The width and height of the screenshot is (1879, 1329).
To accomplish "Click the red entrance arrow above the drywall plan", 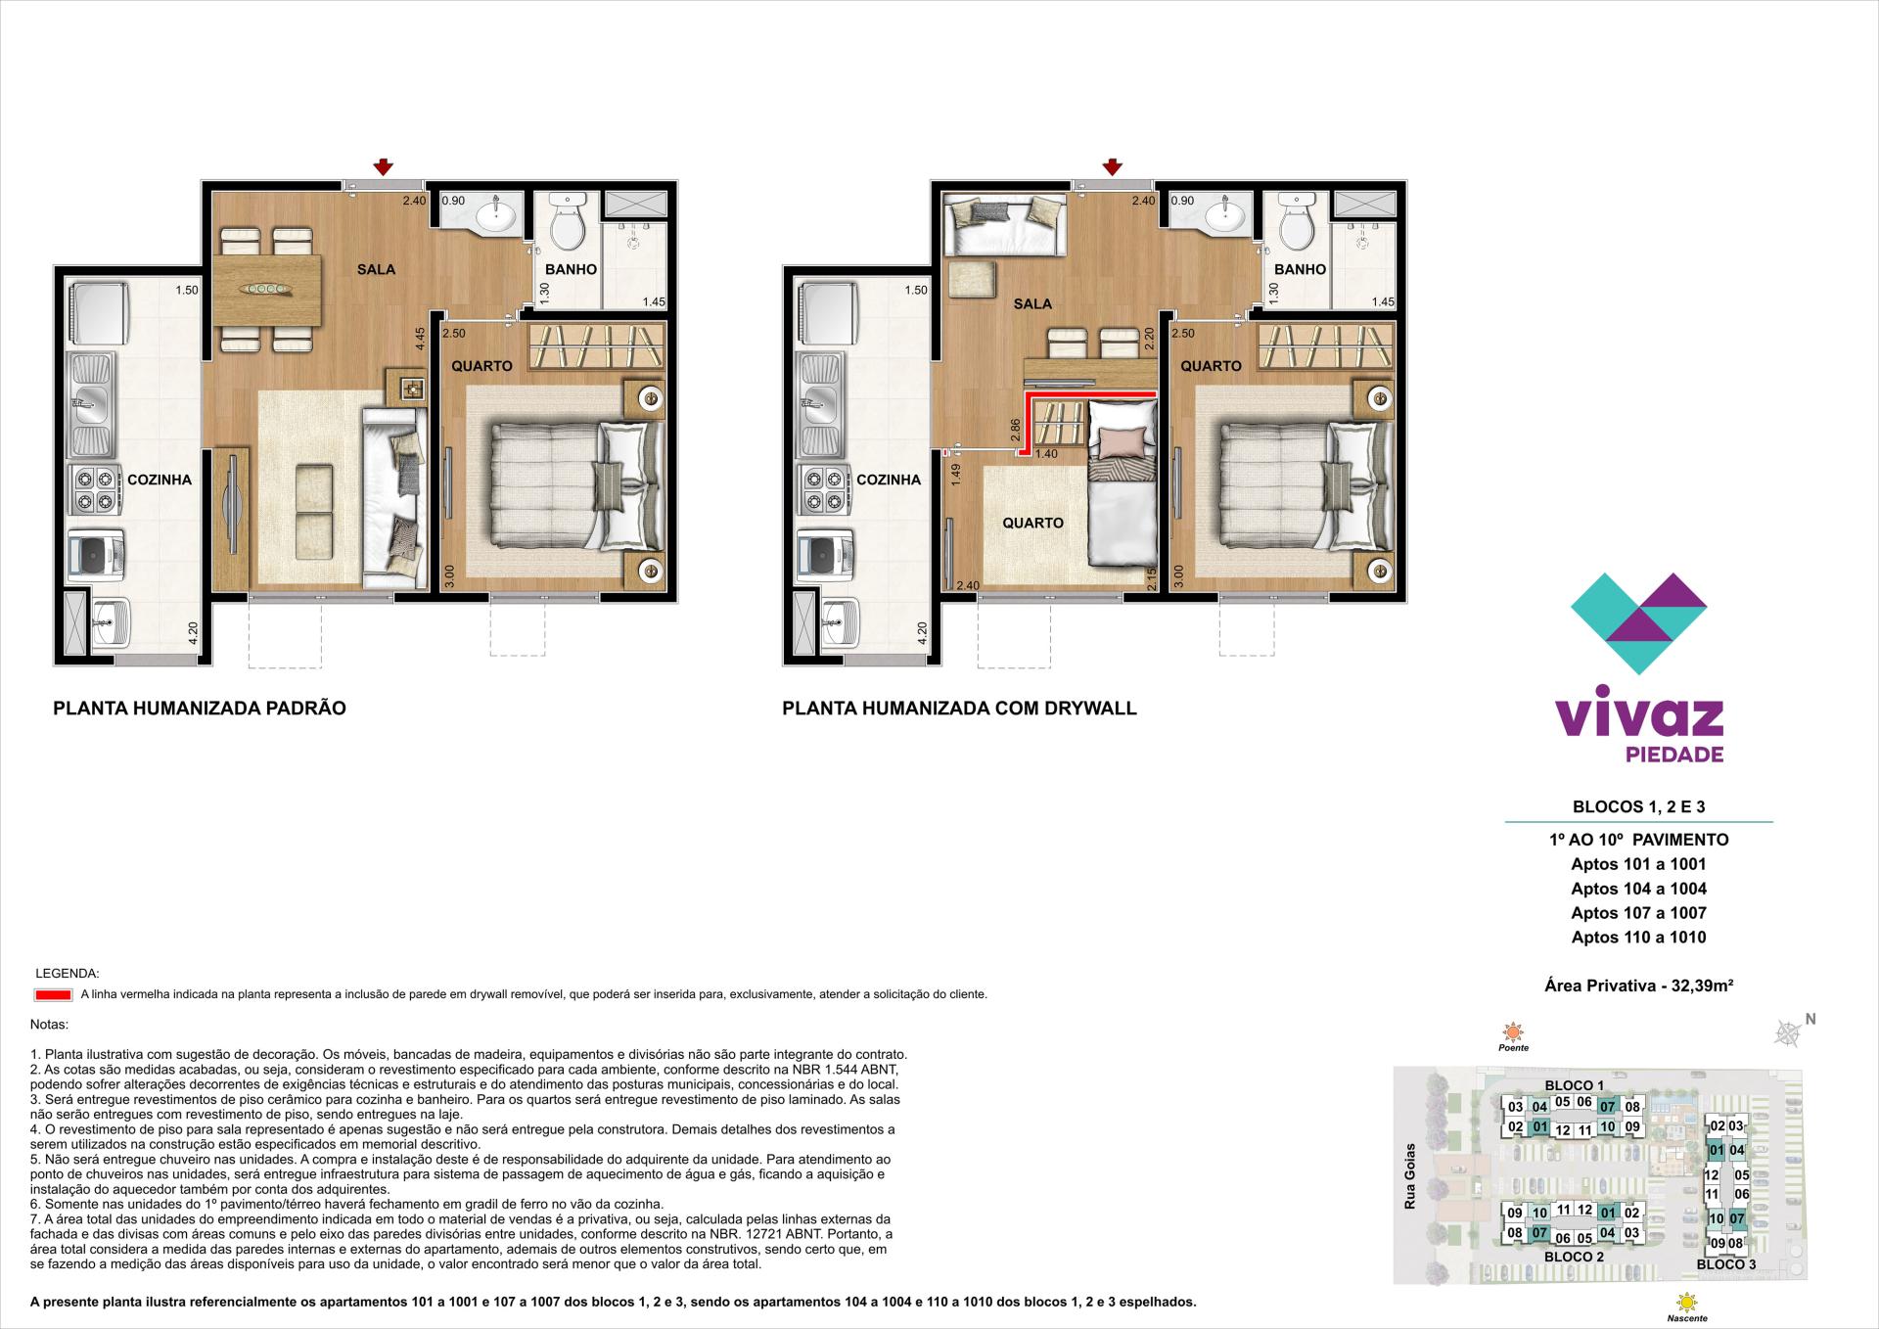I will [x=1113, y=167].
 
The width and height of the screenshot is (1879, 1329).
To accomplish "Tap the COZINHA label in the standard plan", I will [x=160, y=480].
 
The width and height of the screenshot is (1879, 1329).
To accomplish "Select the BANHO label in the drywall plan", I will [x=1300, y=269].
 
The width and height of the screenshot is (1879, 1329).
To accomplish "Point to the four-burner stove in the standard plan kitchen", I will [x=92, y=489].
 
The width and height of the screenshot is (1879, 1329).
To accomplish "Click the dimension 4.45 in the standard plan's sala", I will [x=420, y=339].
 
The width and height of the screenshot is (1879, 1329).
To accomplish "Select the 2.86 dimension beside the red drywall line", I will [x=1015, y=431].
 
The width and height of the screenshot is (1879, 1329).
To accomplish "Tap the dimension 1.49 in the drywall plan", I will [x=956, y=475].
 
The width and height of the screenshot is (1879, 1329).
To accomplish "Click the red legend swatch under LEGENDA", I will [x=53, y=995].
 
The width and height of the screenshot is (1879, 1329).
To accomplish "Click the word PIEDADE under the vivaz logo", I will [x=1673, y=755].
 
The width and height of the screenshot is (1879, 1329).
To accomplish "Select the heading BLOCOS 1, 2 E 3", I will [x=1638, y=807].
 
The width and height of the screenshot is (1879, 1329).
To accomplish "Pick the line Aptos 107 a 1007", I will [x=1638, y=913].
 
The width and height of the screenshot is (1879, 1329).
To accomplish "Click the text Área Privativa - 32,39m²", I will [x=1638, y=986].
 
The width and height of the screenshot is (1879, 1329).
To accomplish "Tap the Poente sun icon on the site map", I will [x=1513, y=1031].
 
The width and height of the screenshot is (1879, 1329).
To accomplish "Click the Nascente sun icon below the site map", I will [x=1686, y=1303].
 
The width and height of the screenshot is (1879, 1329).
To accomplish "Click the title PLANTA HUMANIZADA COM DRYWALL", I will [x=959, y=709].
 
